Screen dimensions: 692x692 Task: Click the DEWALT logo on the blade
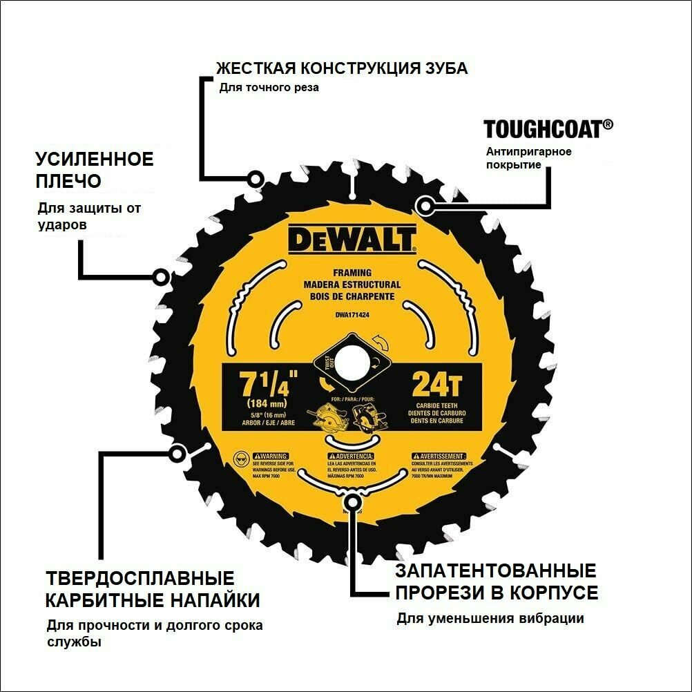[352, 241]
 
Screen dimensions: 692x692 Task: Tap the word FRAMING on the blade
[352, 273]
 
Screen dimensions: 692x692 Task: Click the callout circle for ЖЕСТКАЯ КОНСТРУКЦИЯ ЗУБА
[256, 180]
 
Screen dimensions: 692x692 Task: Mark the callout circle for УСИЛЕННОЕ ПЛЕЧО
[161, 278]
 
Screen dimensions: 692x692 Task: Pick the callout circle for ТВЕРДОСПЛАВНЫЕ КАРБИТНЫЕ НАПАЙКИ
[178, 454]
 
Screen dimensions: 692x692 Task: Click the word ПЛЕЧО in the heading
[68, 181]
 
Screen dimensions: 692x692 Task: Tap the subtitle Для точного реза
[269, 88]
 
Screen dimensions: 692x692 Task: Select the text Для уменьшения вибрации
[490, 618]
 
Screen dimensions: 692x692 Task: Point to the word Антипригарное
[529, 151]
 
